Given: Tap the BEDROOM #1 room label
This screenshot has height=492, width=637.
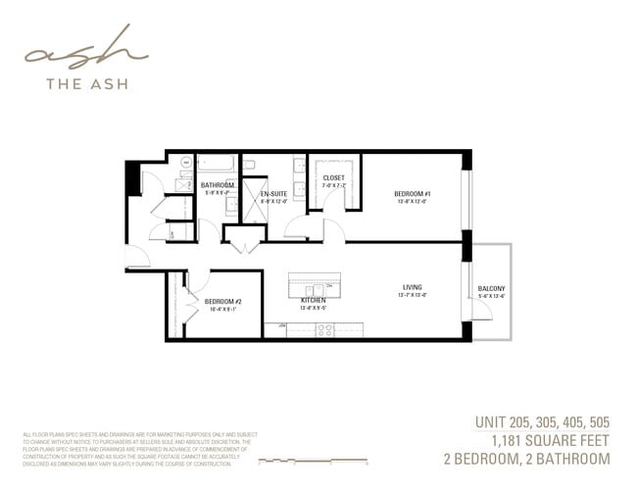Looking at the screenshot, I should pos(413,194).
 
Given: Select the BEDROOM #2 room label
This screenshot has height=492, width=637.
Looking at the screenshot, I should pos(223,301).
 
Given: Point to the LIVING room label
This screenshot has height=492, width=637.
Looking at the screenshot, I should pos(412,287).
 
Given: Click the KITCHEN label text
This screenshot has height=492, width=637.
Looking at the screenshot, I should pos(313,300).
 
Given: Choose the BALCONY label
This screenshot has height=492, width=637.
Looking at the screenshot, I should pos(491,288).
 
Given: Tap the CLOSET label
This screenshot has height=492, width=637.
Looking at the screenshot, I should pos(333,177).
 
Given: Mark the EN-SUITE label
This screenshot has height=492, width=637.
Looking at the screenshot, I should pos(273,193).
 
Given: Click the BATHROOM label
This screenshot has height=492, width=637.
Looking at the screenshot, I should pos(217,185).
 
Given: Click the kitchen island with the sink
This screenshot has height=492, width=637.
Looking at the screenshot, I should pos(314,287).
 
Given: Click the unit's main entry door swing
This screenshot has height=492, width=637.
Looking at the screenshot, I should pos(138,257).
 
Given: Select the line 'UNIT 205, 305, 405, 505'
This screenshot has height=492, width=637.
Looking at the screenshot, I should pos(542,422).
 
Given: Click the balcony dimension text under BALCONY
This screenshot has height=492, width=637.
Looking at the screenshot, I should pos(491,297).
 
